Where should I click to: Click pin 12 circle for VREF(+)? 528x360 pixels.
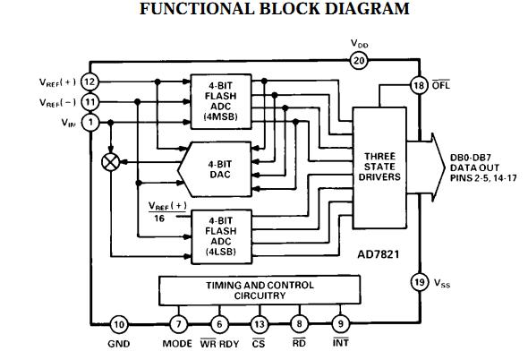89,81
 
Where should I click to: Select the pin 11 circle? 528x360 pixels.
89,102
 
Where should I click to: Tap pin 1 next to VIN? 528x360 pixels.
89,123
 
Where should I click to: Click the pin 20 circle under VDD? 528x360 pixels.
359,61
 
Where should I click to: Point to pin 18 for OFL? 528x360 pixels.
417,85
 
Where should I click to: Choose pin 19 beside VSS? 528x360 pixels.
418,282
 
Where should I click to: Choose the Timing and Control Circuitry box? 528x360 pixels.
260,290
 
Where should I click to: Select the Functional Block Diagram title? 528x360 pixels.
262,10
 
